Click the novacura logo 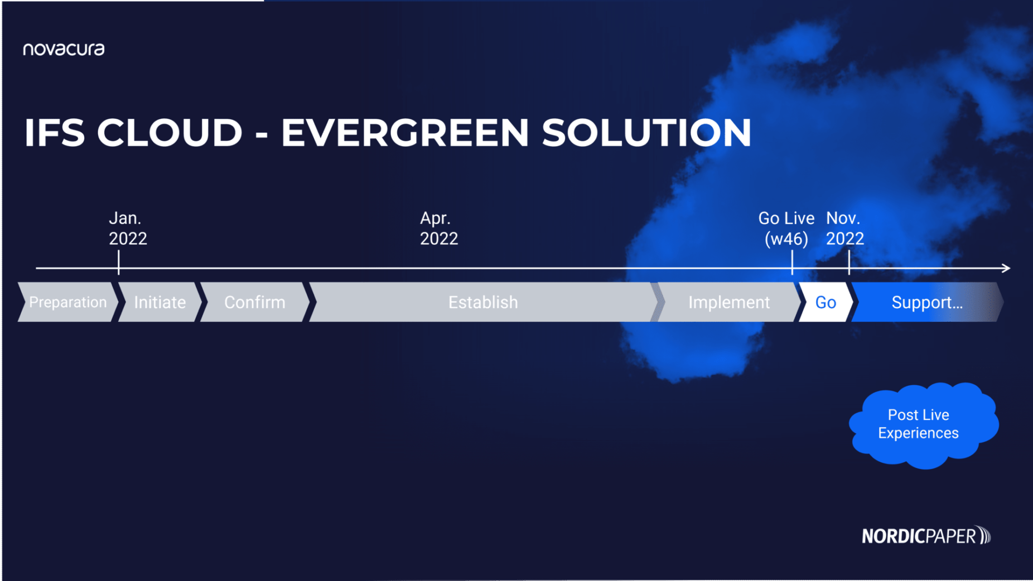pos(64,50)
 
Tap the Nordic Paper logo pos(926,536)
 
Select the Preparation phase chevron pos(67,302)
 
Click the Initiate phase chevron pos(160,302)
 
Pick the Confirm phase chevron pos(255,302)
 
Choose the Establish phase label pos(483,302)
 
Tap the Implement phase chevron pos(728,302)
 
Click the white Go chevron pos(826,302)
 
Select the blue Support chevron pos(926,302)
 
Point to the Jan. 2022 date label pos(127,228)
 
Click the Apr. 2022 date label pos(438,228)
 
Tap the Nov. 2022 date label pos(844,228)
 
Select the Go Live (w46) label pos(786,228)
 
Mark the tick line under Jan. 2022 pos(119,262)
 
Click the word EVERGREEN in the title pos(404,133)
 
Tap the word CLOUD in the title pos(170,133)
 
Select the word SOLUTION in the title pos(646,133)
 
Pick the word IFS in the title pos(54,133)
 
